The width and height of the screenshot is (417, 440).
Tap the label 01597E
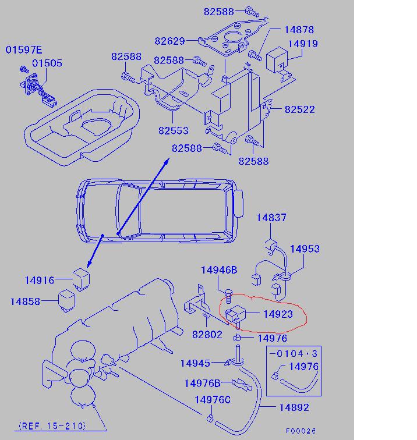click(25, 50)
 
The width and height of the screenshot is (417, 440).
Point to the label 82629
click(169, 41)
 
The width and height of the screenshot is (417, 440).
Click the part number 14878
click(299, 30)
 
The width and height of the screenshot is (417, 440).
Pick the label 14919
click(317, 44)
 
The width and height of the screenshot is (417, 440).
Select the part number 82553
click(174, 131)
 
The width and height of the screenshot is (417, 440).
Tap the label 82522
click(299, 109)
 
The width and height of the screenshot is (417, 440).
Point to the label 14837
click(271, 218)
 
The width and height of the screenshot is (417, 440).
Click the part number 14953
click(305, 249)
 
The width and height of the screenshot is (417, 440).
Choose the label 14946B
click(219, 269)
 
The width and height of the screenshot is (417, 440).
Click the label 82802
click(207, 335)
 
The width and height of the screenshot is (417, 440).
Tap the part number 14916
click(40, 281)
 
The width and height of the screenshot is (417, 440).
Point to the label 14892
click(294, 408)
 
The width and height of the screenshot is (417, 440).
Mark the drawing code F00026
click(301, 431)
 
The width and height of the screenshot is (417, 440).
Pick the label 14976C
click(213, 399)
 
